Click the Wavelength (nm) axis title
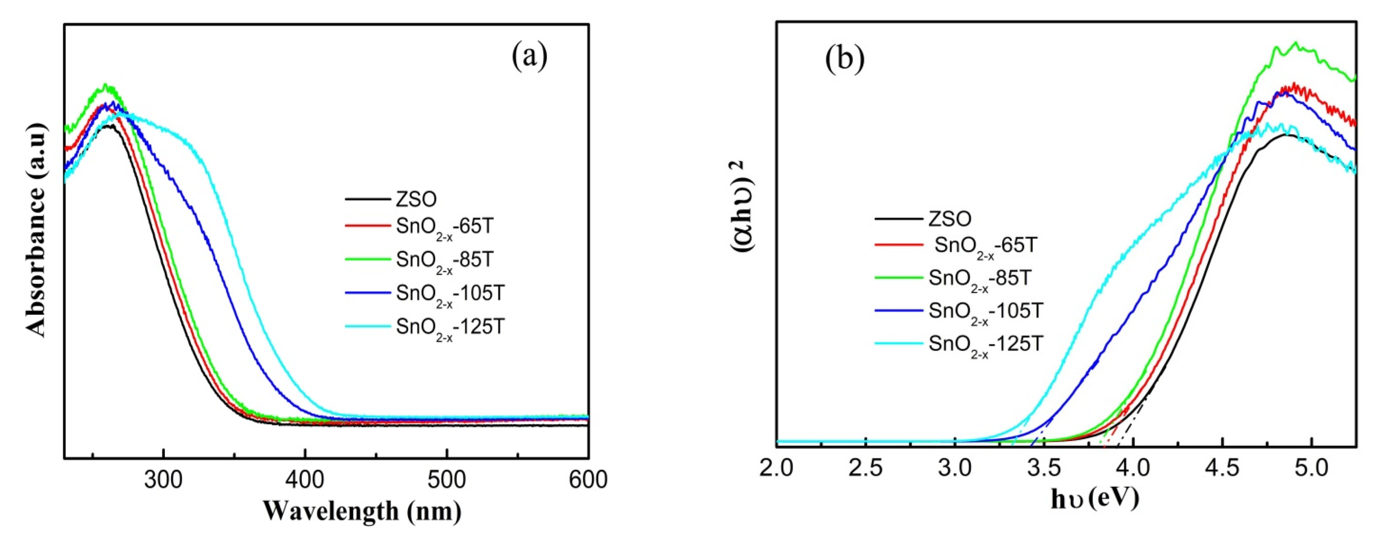362,511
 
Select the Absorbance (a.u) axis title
38,230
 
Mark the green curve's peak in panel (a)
106,85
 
